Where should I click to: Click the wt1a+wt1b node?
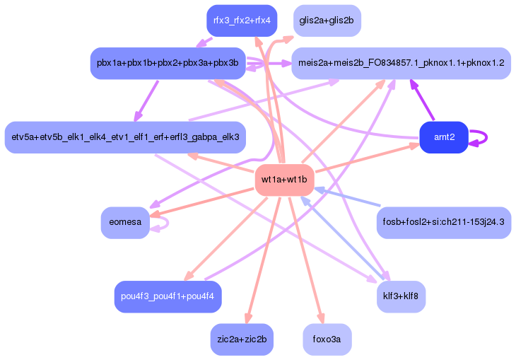click(284, 180)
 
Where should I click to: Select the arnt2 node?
click(443, 137)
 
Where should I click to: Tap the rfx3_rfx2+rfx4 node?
click(241, 21)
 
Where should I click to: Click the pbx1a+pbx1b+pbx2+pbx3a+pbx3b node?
click(168, 63)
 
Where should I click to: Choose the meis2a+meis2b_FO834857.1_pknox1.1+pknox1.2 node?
click(401, 63)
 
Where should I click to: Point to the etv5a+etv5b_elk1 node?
click(122, 137)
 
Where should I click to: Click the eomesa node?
click(125, 222)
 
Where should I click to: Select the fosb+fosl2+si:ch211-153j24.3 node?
click(443, 222)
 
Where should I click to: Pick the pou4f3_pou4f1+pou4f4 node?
click(168, 296)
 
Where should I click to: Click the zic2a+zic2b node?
click(242, 339)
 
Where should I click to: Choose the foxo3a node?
click(327, 339)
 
